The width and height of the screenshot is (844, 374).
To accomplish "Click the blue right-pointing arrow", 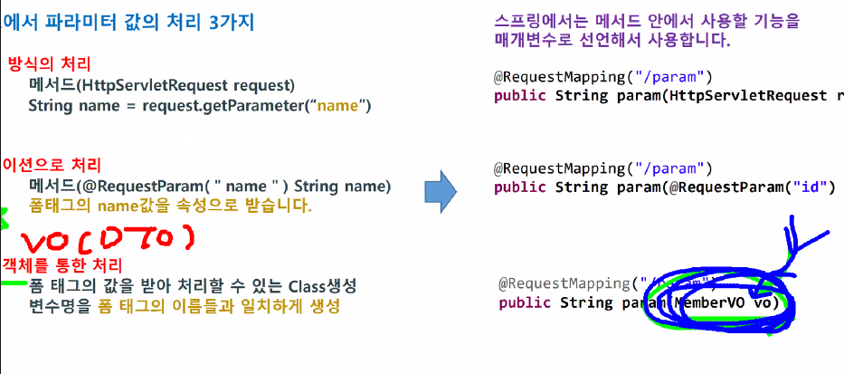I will [439, 190].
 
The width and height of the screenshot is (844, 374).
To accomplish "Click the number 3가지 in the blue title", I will [226, 20].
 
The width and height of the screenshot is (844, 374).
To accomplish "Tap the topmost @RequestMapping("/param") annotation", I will [603, 75].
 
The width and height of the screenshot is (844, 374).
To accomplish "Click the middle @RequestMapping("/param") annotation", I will [603, 168].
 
